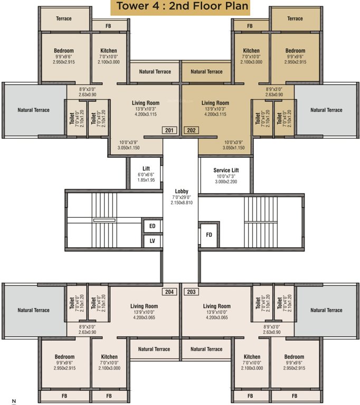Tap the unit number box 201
click(169, 130)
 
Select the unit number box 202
click(191, 130)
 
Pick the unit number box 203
click(191, 292)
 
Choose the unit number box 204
click(169, 292)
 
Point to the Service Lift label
click(226, 170)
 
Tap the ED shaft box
click(153, 226)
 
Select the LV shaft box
click(153, 241)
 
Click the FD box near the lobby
click(209, 235)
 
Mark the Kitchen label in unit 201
click(108, 51)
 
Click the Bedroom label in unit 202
click(295, 51)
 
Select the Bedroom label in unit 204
click(64, 357)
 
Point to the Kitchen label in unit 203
click(252, 357)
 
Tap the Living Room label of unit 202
click(215, 103)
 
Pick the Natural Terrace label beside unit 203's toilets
click(326, 310)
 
